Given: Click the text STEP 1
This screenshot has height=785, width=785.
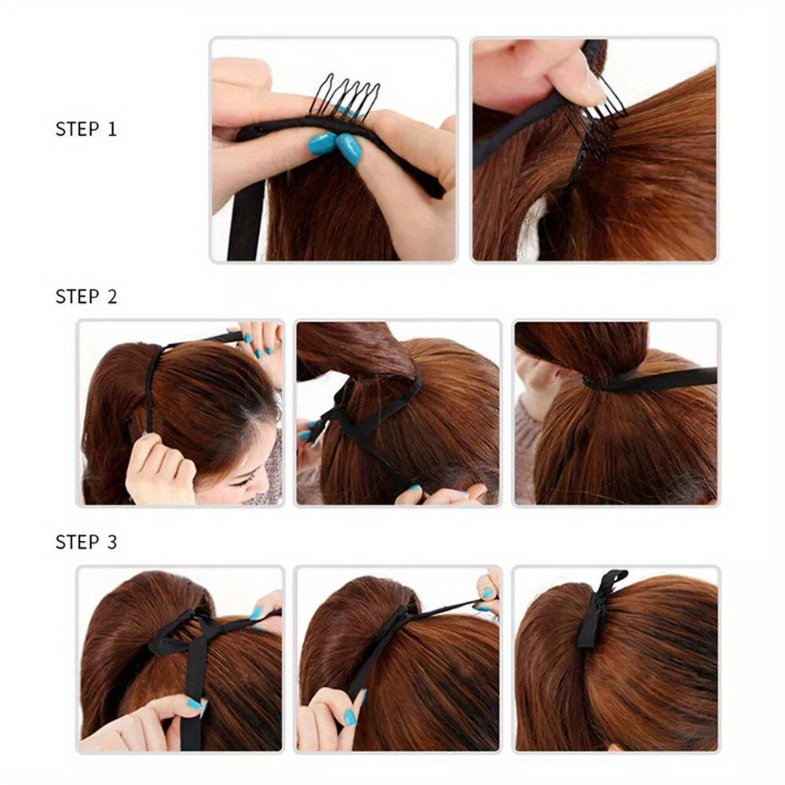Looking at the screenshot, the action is point(86,130).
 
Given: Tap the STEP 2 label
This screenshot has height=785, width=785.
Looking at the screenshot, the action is point(86,297).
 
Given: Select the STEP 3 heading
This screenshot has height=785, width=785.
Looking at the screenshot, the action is point(86,542).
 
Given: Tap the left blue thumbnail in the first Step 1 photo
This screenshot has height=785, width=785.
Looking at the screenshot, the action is point(323,143).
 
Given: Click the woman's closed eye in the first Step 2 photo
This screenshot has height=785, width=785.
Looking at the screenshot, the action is point(245,482).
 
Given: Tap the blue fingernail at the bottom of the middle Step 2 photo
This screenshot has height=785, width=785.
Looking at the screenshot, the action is point(414,488).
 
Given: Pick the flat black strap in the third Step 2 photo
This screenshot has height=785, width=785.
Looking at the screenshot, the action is point(655,379).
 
